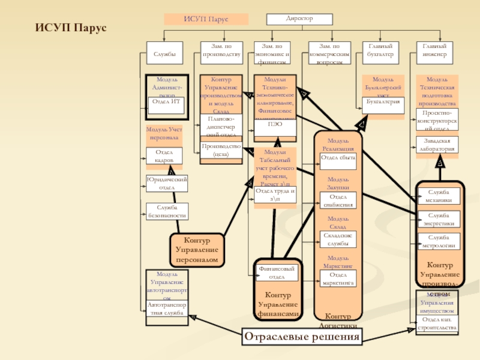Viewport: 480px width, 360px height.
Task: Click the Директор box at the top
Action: tap(299, 19)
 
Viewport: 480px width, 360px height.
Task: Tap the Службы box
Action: tap(164, 53)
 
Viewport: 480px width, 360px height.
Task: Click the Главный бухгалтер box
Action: tap(380, 53)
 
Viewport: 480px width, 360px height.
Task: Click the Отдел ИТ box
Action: tap(166, 102)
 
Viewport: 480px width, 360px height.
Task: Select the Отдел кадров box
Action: tap(164, 156)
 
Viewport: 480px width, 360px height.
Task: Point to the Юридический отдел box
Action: tap(167, 184)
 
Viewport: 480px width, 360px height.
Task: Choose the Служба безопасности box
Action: tap(167, 211)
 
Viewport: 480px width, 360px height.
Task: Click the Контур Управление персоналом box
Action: tap(197, 249)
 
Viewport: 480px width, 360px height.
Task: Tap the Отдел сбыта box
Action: tap(338, 158)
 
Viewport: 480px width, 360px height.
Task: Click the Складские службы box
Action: tap(338, 239)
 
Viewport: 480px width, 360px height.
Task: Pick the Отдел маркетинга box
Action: tap(338, 278)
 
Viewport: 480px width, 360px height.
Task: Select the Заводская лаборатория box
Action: tap(437, 145)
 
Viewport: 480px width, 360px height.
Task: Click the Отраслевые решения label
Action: tap(302, 337)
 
